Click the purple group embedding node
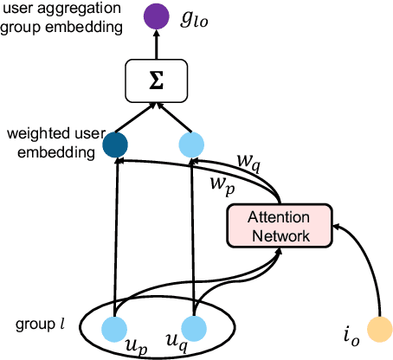[x=157, y=15]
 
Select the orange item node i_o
[x=377, y=328]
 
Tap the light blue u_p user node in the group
[x=113, y=327]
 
